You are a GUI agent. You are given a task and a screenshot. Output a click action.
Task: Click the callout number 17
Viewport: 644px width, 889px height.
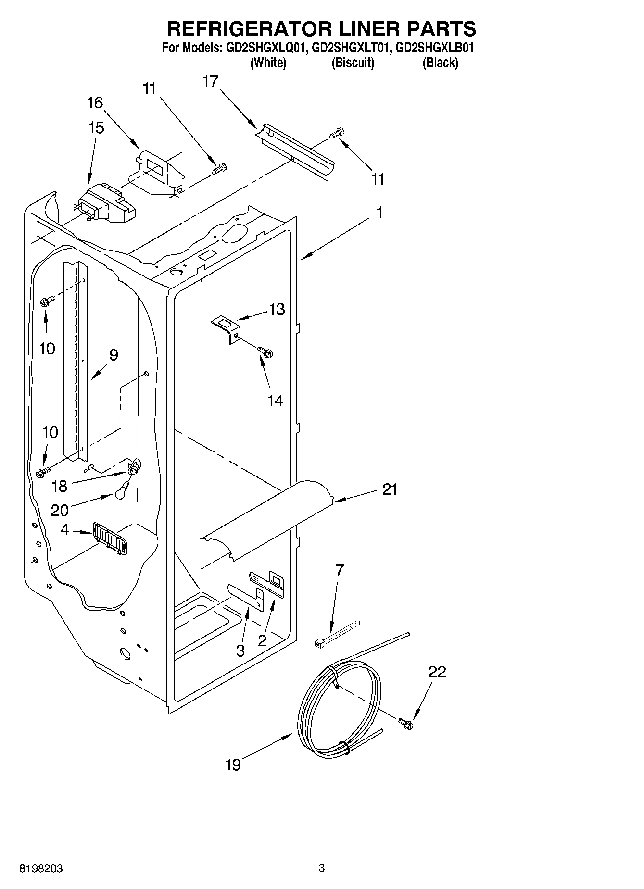click(210, 82)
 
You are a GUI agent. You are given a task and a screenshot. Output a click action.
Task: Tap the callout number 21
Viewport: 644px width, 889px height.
click(390, 489)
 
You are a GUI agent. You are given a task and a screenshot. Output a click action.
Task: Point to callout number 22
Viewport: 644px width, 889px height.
click(437, 672)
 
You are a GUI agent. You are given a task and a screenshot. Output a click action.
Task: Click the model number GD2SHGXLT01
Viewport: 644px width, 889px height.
click(350, 48)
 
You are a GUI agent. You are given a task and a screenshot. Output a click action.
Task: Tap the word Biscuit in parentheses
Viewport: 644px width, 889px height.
click(353, 63)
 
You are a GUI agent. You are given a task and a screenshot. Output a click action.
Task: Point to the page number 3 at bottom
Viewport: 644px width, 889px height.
click(321, 869)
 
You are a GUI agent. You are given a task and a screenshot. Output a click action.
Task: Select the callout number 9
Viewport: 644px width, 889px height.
click(114, 355)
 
